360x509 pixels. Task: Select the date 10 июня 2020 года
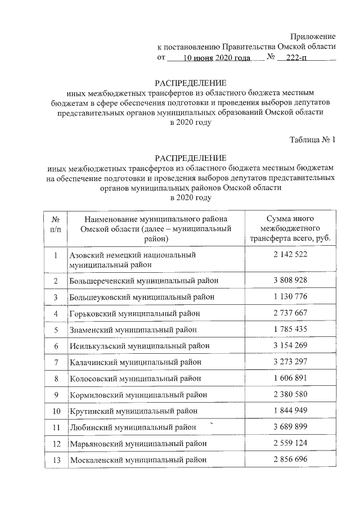[x=218, y=57]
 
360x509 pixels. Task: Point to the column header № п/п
[x=56, y=228]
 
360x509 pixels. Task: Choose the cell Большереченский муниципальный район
[x=143, y=280]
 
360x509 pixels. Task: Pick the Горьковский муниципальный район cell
[x=135, y=313]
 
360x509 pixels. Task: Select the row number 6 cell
[x=56, y=346]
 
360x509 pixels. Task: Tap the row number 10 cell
[x=56, y=412]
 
